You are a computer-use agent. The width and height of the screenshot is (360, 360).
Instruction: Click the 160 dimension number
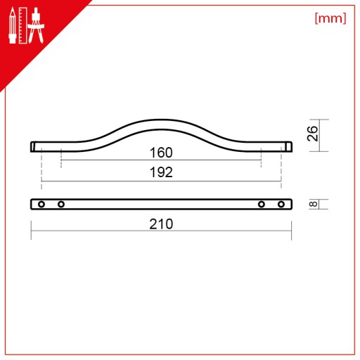click(161, 153)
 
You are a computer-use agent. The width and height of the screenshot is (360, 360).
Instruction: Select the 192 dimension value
click(161, 172)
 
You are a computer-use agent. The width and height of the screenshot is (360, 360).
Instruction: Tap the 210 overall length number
click(161, 224)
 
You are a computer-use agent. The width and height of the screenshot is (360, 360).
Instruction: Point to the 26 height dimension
click(312, 134)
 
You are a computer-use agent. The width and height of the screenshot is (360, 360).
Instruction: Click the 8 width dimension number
click(314, 204)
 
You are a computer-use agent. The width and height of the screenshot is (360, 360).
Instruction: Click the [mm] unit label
click(330, 18)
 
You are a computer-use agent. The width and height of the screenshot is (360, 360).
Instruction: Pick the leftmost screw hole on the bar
click(41, 204)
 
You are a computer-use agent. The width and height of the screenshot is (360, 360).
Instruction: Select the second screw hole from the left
click(61, 204)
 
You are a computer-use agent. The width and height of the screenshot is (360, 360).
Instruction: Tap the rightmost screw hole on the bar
click(281, 204)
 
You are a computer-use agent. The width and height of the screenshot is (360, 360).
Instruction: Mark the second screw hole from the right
click(262, 204)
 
